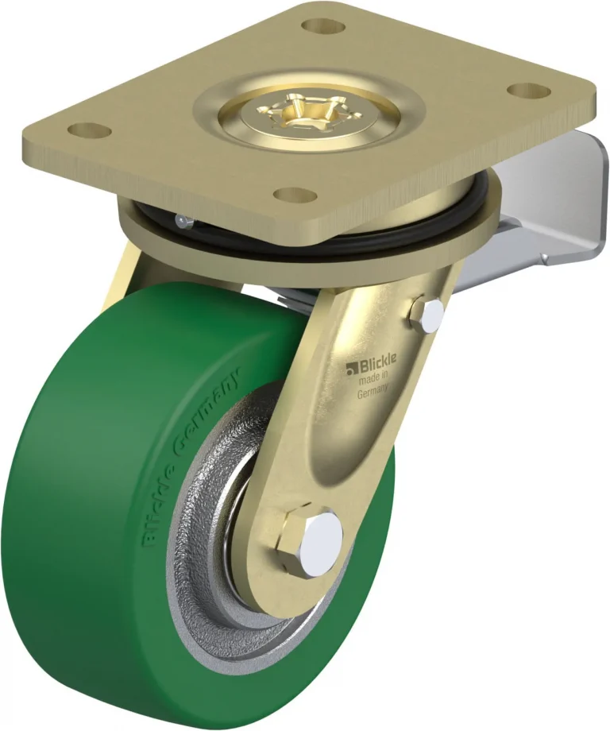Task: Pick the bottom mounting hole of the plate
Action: tap(292, 192)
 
